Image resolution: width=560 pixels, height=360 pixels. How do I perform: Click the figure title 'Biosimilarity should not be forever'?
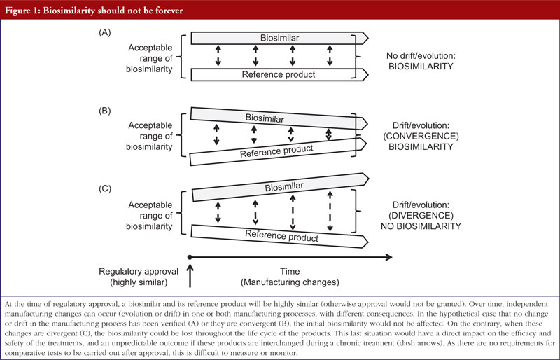pos(113,11)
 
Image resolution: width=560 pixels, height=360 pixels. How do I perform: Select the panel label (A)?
pos(104,32)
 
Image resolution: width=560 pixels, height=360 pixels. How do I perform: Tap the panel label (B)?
pos(104,111)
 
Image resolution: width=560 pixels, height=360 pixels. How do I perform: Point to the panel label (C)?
pos(105,188)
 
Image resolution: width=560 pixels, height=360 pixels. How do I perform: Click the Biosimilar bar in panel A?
pos(279,38)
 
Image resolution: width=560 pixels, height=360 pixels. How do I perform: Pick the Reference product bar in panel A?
pos(279,75)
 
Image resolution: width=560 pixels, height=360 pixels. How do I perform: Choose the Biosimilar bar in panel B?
pos(279,118)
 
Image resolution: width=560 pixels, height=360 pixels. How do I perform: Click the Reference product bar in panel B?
pos(278,151)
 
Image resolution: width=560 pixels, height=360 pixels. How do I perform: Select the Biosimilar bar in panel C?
pos(281,187)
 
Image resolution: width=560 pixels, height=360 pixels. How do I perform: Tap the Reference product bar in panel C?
pos(279,236)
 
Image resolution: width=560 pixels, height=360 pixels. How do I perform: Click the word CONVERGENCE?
pos(421,136)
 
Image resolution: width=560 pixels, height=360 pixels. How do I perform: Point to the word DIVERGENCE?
pos(421,216)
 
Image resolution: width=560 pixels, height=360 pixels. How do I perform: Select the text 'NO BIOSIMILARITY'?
pos(421,226)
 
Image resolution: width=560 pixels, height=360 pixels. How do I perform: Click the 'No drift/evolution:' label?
pos(421,56)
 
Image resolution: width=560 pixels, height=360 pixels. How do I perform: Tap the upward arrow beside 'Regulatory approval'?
pos(190,276)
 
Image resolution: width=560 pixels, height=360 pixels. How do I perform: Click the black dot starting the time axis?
pos(190,257)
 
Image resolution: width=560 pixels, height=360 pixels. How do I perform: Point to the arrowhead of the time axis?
pos(389,257)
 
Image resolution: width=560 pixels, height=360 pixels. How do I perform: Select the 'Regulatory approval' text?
pos(139,272)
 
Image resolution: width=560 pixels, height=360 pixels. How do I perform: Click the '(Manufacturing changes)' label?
pos(290,282)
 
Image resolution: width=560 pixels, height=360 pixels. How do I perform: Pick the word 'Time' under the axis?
pos(290,271)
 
